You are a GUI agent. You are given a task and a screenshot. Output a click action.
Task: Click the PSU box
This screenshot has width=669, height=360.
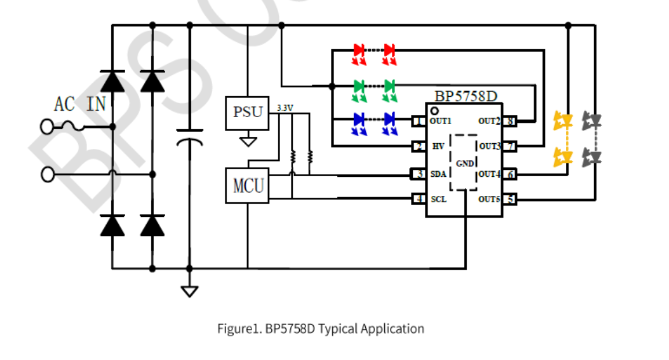(x=247, y=112)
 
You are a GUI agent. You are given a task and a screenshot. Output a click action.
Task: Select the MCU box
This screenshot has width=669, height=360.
(x=247, y=186)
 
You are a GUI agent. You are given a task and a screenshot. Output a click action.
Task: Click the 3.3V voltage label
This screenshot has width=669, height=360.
(x=285, y=108)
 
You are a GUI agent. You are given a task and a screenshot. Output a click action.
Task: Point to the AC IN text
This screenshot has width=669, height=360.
(x=80, y=104)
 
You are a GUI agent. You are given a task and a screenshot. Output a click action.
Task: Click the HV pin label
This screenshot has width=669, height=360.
(x=438, y=147)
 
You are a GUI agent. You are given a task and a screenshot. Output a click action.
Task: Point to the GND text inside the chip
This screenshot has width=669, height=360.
(x=464, y=163)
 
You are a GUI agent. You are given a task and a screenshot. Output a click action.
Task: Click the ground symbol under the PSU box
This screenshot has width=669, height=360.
(x=248, y=140)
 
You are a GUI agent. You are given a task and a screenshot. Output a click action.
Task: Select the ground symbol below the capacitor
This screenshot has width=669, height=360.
(x=189, y=290)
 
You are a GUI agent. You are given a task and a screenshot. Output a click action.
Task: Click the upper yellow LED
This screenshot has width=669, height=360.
(x=562, y=121)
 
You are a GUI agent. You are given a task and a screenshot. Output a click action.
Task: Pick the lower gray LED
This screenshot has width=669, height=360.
(x=592, y=156)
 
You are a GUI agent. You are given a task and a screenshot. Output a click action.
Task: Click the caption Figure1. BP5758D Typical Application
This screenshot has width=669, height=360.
(x=321, y=329)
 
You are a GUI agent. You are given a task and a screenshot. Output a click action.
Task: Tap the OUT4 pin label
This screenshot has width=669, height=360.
(x=489, y=173)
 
